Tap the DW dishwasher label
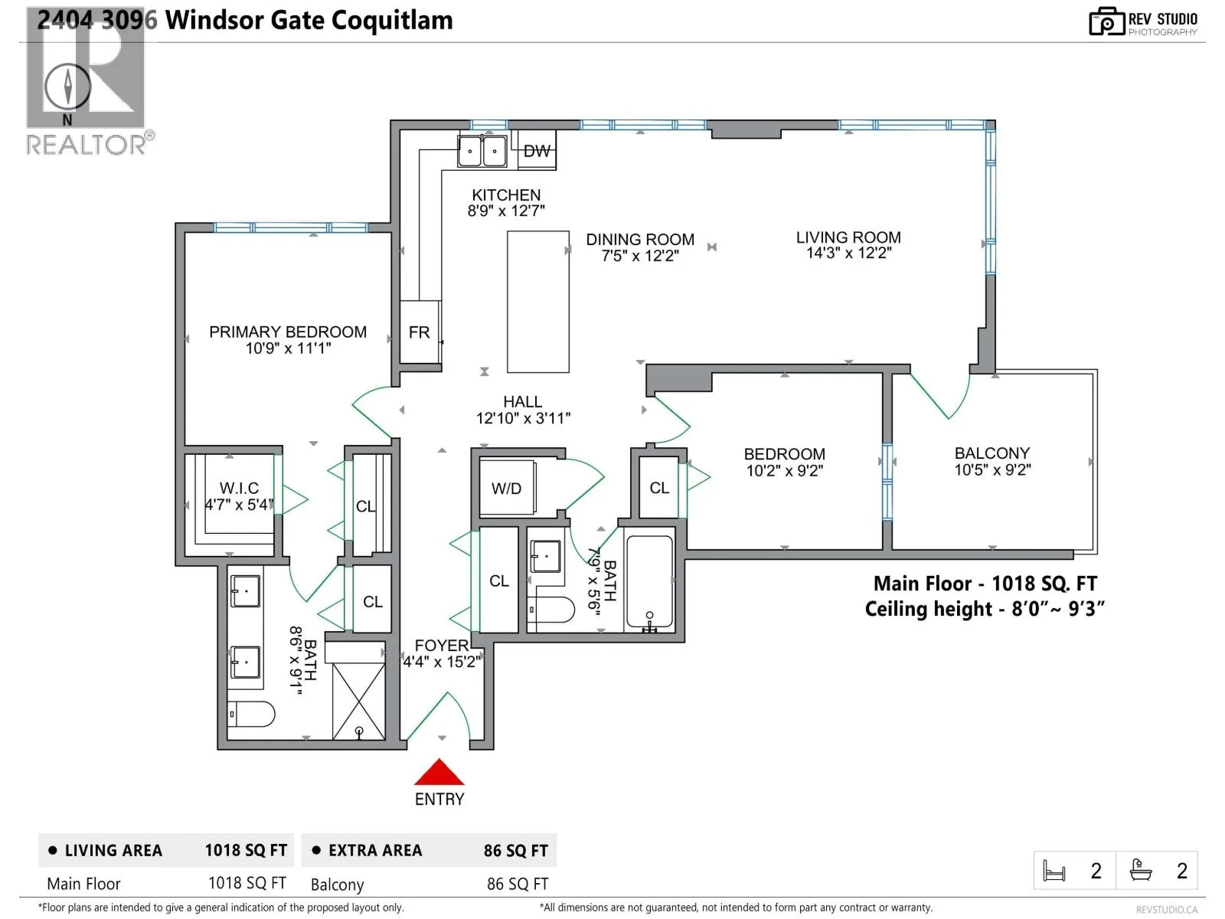[537, 151]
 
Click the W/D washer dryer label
[506, 489]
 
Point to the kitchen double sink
[482, 151]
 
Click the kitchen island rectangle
[538, 301]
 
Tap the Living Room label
[848, 237]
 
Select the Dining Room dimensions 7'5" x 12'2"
[640, 256]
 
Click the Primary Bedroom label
[288, 332]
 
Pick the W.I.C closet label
[239, 489]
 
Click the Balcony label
[991, 453]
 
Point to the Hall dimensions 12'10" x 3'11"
[523, 418]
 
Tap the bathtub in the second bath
[649, 582]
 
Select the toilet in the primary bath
[251, 714]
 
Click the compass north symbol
[67, 87]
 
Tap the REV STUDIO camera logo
[1106, 21]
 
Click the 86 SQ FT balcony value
[518, 884]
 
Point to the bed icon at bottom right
[1054, 871]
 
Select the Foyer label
[442, 646]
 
